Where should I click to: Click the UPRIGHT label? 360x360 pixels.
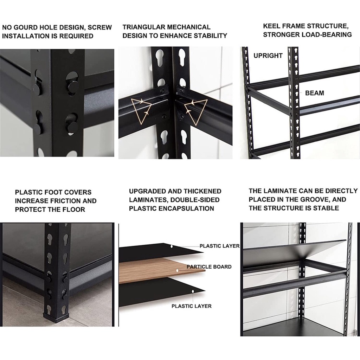tap(268, 56)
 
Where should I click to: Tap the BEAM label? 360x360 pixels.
tap(315, 93)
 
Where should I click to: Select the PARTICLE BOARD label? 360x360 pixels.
tap(209, 267)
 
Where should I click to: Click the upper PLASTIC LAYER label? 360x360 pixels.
tap(219, 246)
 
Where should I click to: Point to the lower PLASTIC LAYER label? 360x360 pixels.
tap(192, 306)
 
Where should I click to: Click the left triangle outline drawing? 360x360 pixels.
tap(141, 111)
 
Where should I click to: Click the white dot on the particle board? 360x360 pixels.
tap(177, 270)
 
